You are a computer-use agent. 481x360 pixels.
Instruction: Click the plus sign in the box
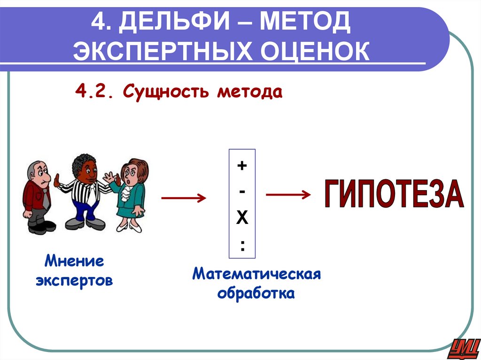pos(242,165)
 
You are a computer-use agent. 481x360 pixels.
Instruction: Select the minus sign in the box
pos(242,191)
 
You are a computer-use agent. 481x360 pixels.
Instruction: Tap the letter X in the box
pos(242,218)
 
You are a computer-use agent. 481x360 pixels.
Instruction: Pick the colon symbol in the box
pos(242,245)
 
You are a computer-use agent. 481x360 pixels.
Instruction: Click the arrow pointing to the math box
pos(184,199)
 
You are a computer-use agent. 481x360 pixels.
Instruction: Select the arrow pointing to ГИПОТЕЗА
pos(287,194)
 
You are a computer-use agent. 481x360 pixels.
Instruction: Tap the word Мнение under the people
pos(75,261)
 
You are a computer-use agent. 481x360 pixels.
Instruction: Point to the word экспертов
pos(75,281)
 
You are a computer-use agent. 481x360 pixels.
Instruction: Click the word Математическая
pos(256,274)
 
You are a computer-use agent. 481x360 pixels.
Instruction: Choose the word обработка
pos(256,294)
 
